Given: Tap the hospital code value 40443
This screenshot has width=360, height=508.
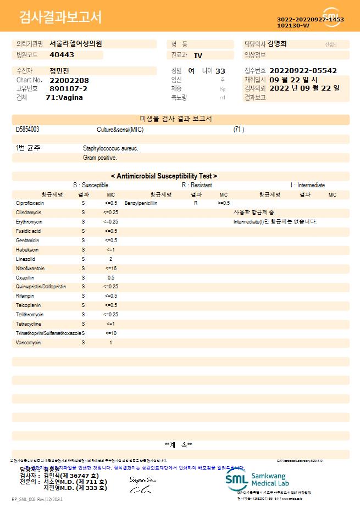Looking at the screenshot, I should (x=62, y=55).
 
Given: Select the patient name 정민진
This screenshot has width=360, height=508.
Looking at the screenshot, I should (x=59, y=71).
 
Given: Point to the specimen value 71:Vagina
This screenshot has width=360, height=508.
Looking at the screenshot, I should (x=64, y=97).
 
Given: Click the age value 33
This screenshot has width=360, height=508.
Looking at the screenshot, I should (x=220, y=71).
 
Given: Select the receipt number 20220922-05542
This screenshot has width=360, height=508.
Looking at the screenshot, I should (x=303, y=71).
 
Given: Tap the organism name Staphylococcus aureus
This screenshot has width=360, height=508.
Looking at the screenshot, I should (x=110, y=148).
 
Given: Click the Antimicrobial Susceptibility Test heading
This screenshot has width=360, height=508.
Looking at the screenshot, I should (x=164, y=176).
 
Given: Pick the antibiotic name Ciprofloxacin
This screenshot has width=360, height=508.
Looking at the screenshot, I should (x=30, y=203).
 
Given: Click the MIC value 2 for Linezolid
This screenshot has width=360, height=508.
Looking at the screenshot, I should (x=110, y=259).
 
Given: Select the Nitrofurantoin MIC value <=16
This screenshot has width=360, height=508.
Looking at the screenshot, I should (x=110, y=268).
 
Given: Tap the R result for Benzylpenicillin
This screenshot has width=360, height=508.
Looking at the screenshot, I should (x=195, y=203).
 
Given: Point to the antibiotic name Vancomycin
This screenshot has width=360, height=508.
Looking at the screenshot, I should (x=28, y=342).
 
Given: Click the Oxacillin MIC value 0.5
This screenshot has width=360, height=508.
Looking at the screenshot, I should (x=110, y=277).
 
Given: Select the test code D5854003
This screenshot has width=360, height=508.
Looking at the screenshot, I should (x=27, y=130).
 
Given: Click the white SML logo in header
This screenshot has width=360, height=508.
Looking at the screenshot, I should (x=331, y=16).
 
